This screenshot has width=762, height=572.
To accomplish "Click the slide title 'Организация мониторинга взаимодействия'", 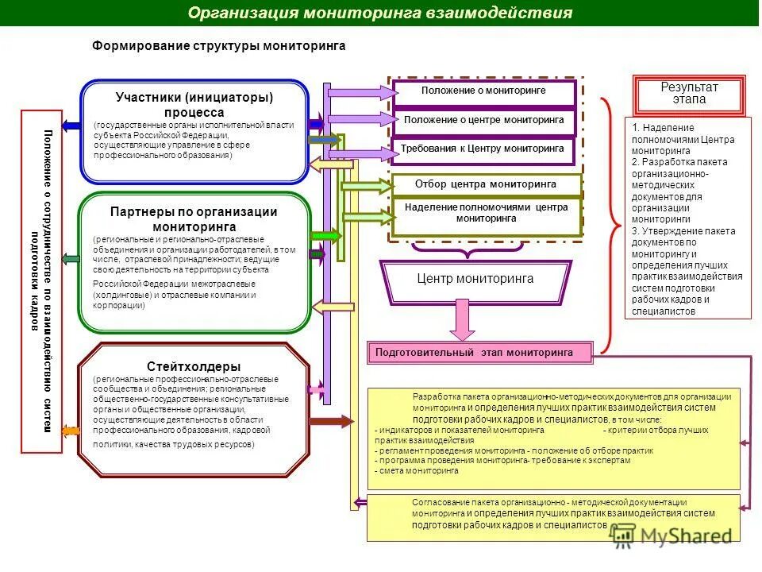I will click(380, 14).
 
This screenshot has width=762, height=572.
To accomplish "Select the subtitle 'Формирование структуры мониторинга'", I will click(219, 46).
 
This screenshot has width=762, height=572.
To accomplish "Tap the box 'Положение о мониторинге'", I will click(483, 91).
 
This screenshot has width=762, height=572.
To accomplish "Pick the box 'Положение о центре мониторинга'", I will click(483, 121).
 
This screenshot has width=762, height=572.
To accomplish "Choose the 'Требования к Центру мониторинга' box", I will click(483, 149).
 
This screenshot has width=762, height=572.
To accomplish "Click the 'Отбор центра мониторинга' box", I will click(486, 184).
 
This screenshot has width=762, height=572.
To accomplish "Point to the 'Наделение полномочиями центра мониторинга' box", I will click(486, 213).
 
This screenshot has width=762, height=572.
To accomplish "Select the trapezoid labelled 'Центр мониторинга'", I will click(475, 280).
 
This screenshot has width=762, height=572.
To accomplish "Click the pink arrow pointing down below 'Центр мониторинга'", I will click(463, 319).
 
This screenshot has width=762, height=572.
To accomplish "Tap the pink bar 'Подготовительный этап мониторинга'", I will click(480, 352).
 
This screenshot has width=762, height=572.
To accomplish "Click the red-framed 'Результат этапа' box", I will click(689, 94).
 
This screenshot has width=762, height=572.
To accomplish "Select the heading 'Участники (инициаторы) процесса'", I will click(194, 105).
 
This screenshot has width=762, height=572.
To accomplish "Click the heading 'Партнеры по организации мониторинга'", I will click(194, 219).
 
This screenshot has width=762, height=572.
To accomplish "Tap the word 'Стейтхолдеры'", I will click(194, 366).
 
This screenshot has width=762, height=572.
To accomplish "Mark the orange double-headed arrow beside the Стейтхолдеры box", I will click(70, 431).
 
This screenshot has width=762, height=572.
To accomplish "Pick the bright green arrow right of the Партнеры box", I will click(325, 235).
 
